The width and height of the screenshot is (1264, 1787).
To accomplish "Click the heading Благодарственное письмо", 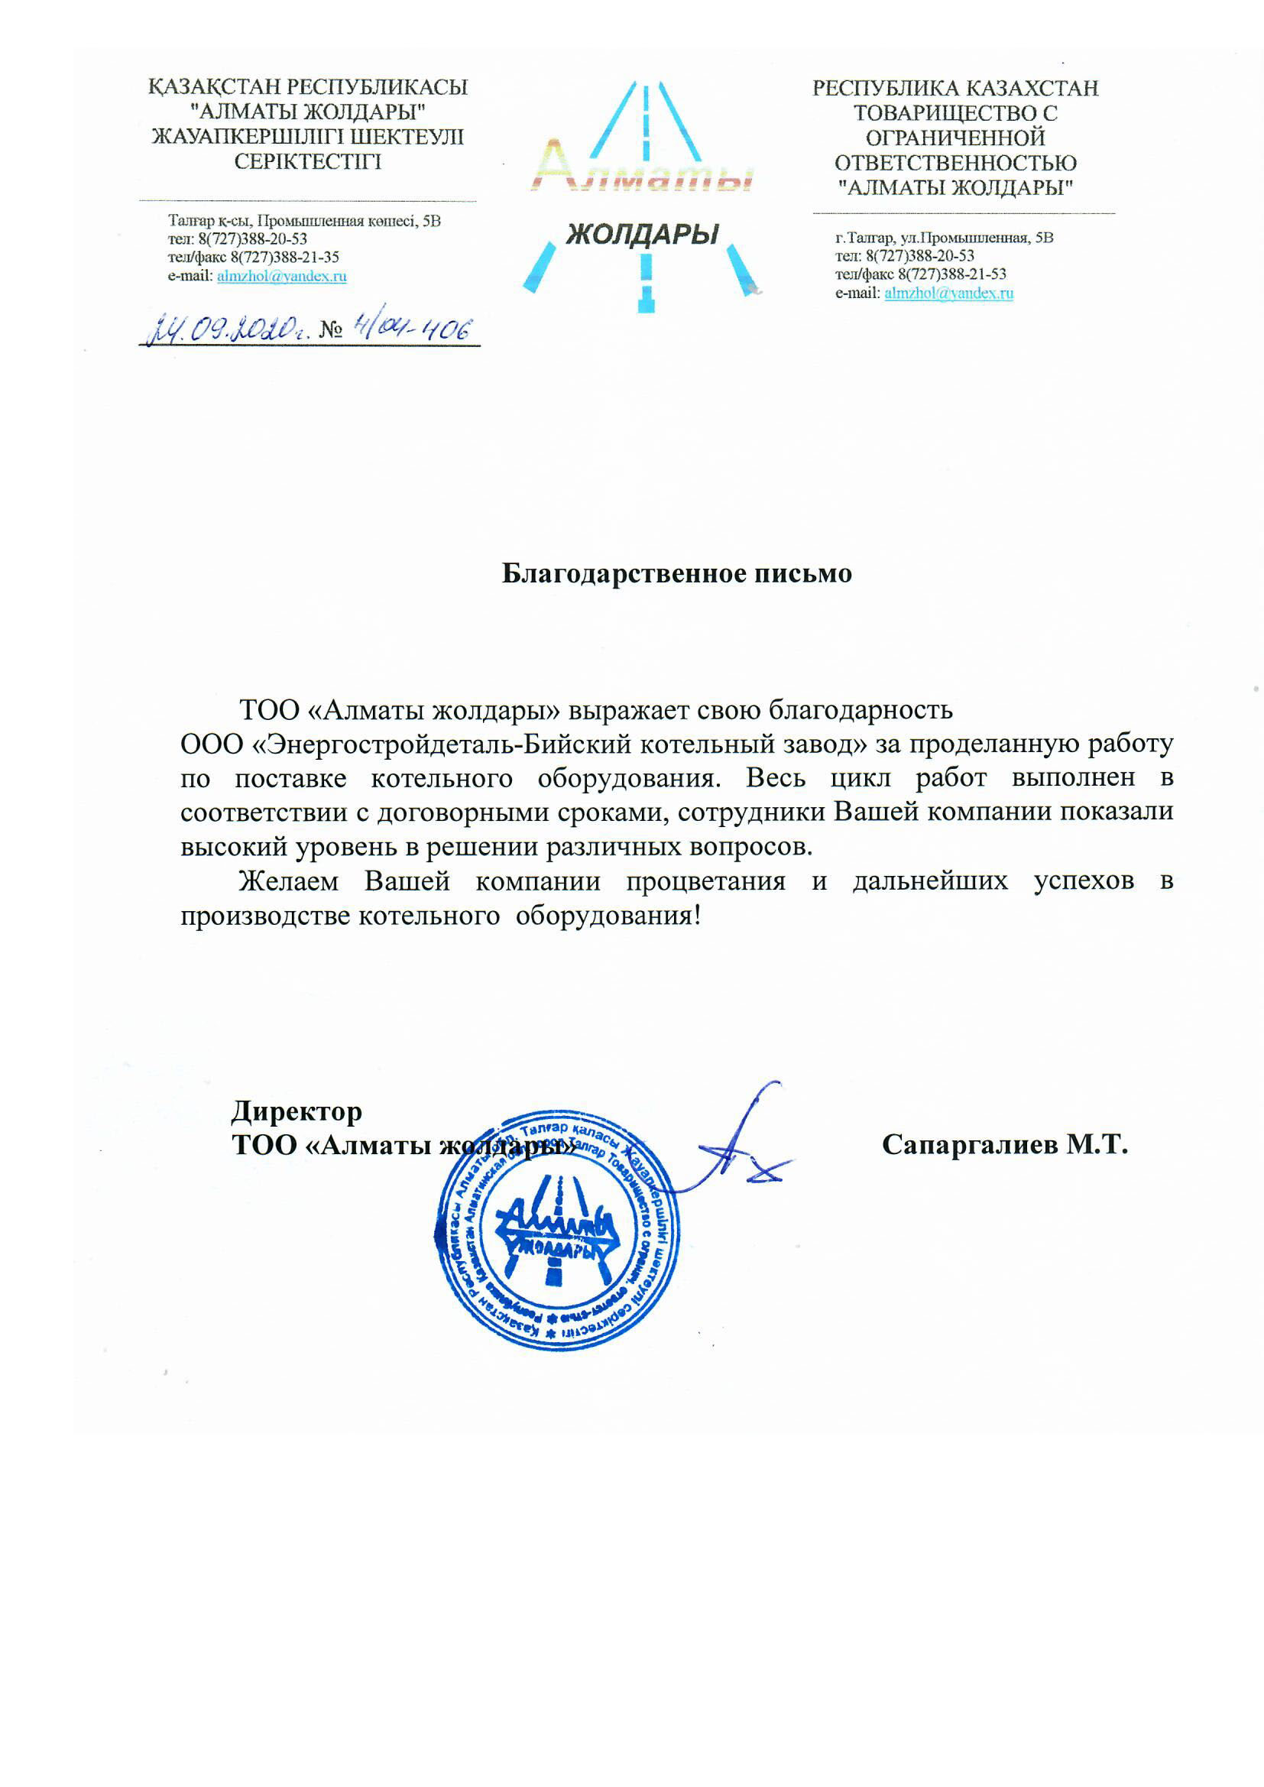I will (676, 573).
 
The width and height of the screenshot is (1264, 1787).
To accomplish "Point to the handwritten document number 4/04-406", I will (412, 329).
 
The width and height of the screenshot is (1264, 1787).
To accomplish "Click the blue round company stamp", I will (556, 1229).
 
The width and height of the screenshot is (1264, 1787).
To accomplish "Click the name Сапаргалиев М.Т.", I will (1004, 1144).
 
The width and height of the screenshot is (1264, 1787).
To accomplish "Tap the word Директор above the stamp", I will (297, 1111).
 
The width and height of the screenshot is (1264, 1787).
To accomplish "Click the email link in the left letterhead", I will (282, 275).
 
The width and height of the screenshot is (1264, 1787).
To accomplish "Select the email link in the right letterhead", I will (949, 293).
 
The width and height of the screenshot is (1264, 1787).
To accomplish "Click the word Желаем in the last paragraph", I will (289, 881).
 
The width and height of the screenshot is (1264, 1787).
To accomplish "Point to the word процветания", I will (705, 881).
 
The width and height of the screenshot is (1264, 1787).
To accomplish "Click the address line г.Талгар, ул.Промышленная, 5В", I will (944, 238).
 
